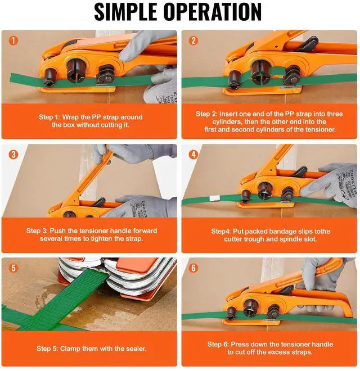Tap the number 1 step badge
coord(13,40)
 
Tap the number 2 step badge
coord(193,40)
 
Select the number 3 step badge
coord(13,154)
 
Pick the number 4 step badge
coord(193,154)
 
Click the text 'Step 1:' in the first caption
coord(49,117)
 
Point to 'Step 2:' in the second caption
coord(210,114)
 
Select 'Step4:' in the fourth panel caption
coord(223,232)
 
